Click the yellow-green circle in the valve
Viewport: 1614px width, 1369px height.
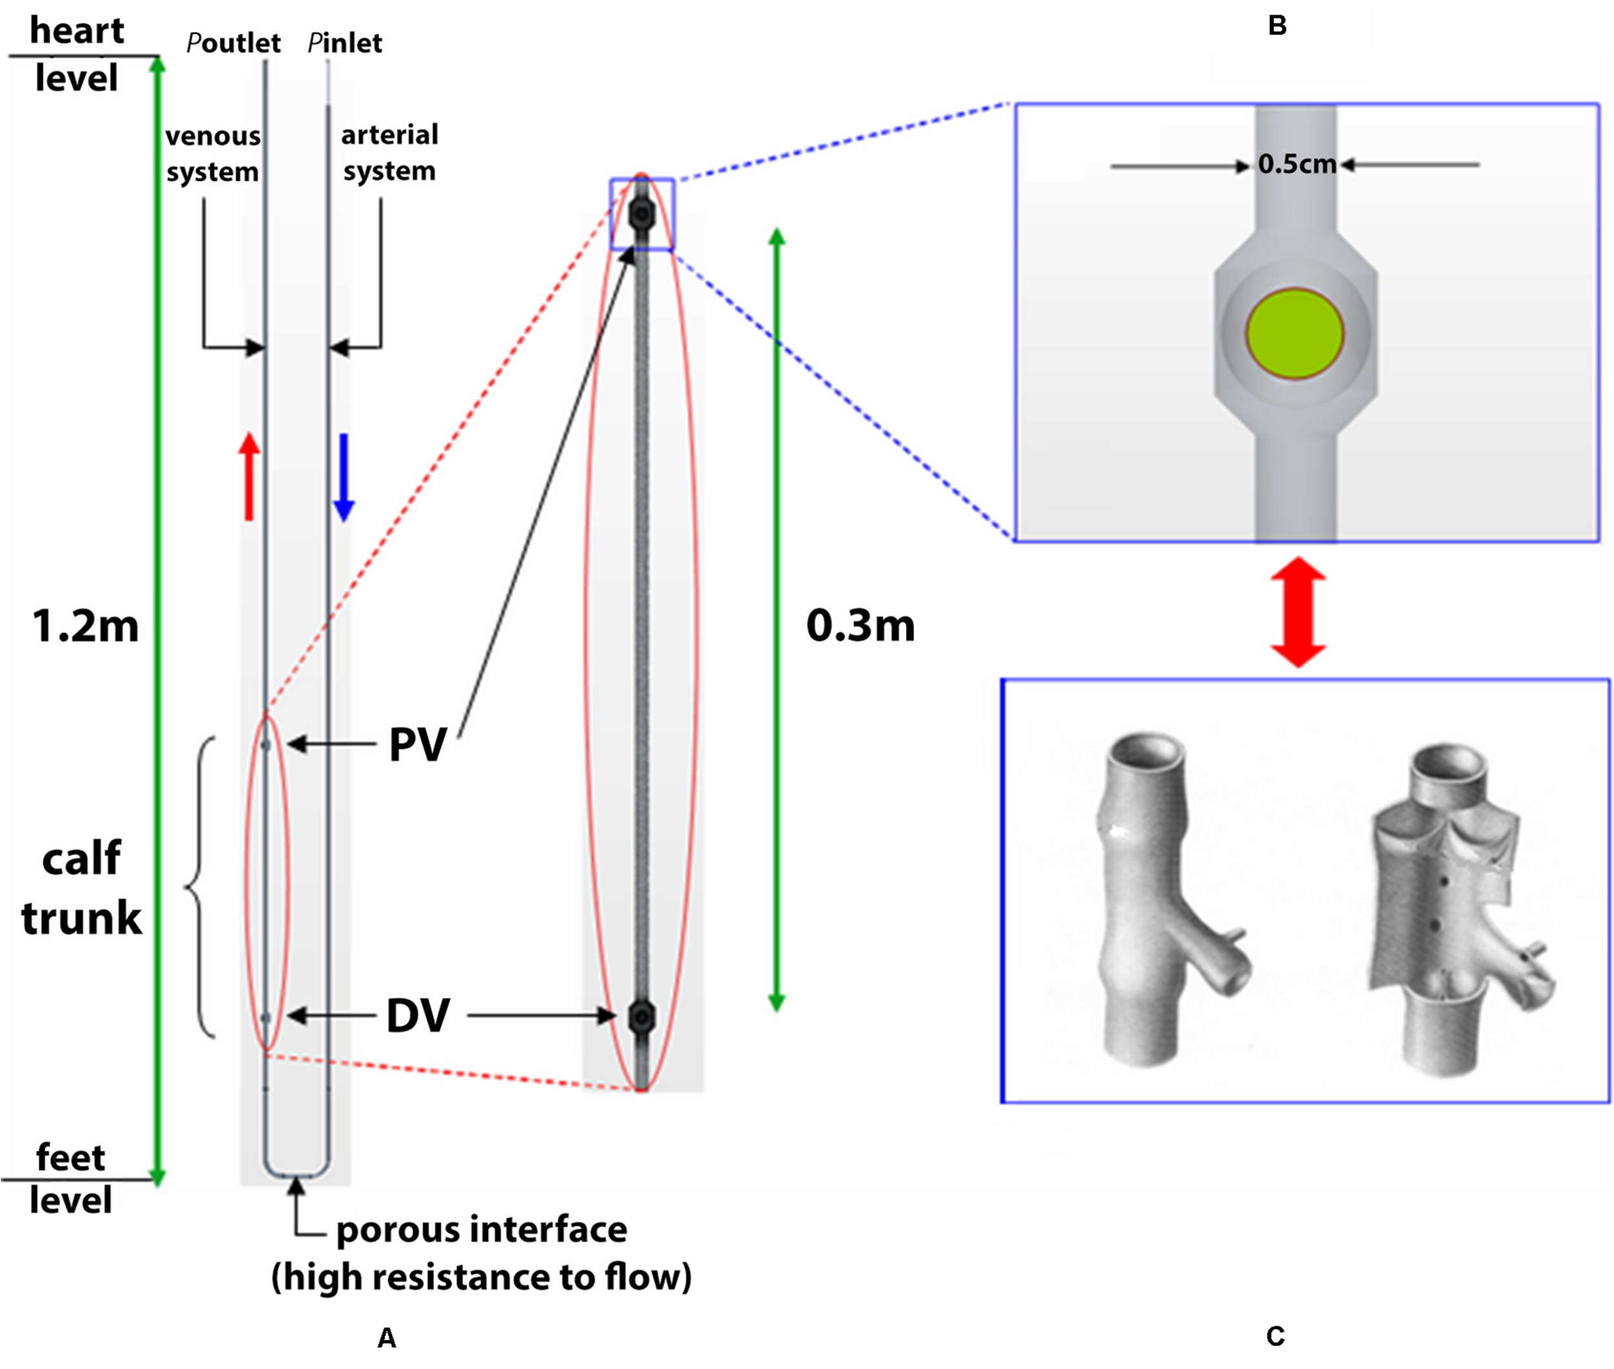coord(1294,334)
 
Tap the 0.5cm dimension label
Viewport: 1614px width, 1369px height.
coord(1296,165)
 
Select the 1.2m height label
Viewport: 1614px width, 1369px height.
coord(85,626)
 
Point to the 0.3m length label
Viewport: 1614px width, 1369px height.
coord(861,626)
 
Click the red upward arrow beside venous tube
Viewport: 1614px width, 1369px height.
coord(249,476)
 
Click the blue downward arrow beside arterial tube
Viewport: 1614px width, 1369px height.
coord(343,477)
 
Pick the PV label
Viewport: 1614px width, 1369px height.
coord(418,745)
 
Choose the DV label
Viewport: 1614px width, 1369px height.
coord(418,1016)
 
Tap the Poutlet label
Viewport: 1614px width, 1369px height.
coord(234,43)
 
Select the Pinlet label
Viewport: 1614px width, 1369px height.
coord(345,43)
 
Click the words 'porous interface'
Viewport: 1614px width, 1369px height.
coord(481,1230)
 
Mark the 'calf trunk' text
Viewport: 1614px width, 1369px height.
coord(81,889)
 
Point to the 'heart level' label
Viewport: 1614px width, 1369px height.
coord(77,54)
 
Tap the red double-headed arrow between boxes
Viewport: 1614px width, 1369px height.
coord(1298,612)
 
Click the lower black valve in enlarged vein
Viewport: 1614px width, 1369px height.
coord(642,1016)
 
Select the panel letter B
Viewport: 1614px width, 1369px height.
coord(1276,26)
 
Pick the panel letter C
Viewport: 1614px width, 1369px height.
coord(1275,1335)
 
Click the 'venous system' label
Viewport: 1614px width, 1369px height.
coord(212,153)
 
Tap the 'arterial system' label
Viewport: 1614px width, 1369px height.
coord(389,152)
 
